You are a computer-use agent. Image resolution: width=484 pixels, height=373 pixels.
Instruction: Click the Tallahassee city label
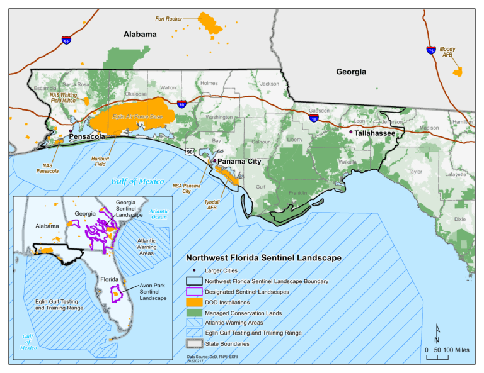(374, 133)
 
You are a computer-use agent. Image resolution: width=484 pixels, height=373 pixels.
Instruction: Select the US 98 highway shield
(190, 152)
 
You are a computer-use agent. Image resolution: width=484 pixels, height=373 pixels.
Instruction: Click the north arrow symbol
(438, 333)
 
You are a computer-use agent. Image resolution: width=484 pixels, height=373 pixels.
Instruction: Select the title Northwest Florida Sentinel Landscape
(263, 258)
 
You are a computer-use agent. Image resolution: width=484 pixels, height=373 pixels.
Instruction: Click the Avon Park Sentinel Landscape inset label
(149, 292)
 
